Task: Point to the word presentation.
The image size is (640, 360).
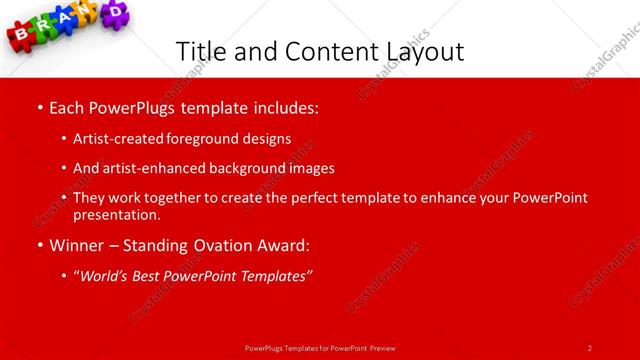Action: (116, 214)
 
